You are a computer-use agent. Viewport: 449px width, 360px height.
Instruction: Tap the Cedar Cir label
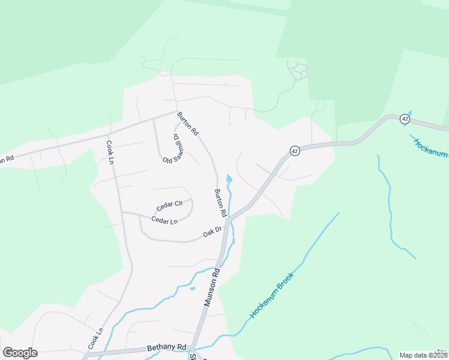(169, 205)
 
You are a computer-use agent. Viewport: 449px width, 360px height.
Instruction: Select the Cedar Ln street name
(164, 221)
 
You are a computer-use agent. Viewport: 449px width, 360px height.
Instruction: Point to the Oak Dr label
(212, 231)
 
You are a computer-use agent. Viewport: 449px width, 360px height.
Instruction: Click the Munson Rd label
(212, 287)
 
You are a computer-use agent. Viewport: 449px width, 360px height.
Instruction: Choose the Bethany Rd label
(167, 348)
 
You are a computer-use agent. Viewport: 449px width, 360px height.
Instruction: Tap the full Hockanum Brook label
(271, 295)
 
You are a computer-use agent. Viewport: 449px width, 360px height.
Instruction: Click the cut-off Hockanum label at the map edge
(430, 146)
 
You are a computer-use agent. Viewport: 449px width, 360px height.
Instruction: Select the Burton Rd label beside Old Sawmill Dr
(187, 123)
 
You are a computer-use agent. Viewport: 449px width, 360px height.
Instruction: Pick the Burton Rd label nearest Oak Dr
(220, 203)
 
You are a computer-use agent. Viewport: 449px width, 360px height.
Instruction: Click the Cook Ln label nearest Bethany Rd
(96, 338)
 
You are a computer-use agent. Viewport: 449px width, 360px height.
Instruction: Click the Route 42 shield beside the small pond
(405, 119)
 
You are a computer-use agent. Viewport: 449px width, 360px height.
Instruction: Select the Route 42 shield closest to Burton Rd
(294, 151)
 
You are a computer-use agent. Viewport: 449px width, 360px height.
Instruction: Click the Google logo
(20, 352)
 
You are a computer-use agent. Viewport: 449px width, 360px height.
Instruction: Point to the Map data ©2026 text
(423, 355)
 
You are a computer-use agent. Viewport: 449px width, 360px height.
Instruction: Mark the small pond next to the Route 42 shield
(411, 113)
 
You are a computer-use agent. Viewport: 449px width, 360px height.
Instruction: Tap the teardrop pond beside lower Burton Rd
(228, 178)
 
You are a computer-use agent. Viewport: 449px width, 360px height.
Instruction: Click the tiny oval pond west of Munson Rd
(192, 288)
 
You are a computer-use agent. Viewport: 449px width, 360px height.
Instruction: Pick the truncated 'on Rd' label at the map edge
(6, 160)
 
